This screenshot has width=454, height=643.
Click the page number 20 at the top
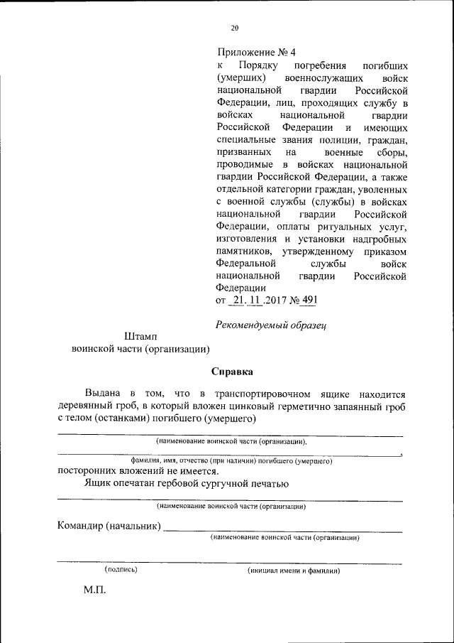[235, 28]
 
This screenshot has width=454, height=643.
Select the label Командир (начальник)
[109, 526]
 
